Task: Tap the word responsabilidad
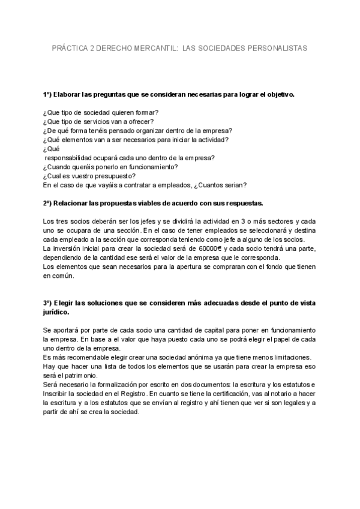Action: [74, 158]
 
